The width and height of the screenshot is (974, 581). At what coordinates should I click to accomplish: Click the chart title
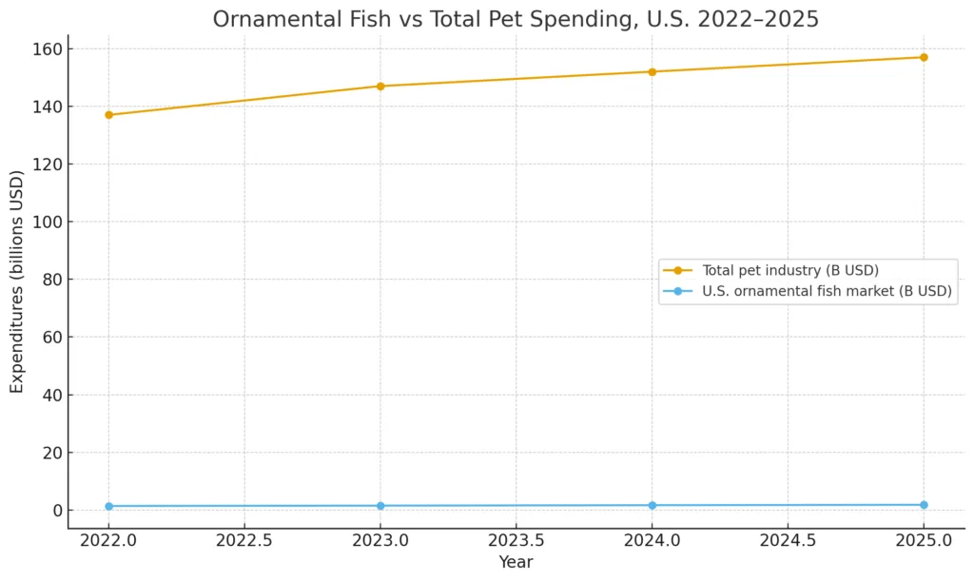pos(516,19)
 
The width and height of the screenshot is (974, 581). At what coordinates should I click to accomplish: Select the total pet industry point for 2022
pos(108,115)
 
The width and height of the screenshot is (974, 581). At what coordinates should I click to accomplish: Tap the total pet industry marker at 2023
pos(380,87)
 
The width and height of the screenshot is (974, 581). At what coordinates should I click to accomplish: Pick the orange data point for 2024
pos(652,71)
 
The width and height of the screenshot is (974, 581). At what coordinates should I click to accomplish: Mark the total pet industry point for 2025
pos(923,57)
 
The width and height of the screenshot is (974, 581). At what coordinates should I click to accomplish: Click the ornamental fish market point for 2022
pos(108,506)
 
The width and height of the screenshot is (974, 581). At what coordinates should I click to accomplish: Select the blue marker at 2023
pos(380,506)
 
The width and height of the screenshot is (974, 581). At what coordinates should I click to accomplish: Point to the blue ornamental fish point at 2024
pos(652,505)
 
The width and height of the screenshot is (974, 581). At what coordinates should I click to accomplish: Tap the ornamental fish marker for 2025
pos(923,505)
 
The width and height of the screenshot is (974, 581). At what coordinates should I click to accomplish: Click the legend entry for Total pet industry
pos(789,270)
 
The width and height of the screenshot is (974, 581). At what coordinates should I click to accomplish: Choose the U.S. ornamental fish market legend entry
pos(826,291)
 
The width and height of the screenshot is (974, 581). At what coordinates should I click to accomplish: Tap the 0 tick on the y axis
pos(57,511)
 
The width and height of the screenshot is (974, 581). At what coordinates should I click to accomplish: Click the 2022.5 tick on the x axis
pos(244,540)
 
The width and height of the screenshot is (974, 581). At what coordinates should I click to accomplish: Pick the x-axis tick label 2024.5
pos(787,540)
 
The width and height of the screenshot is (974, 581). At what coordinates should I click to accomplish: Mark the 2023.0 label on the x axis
pos(380,540)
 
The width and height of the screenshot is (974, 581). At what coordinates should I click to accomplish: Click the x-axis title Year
pos(516,562)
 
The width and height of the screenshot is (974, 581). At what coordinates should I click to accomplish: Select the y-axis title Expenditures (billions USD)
pos(17,281)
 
